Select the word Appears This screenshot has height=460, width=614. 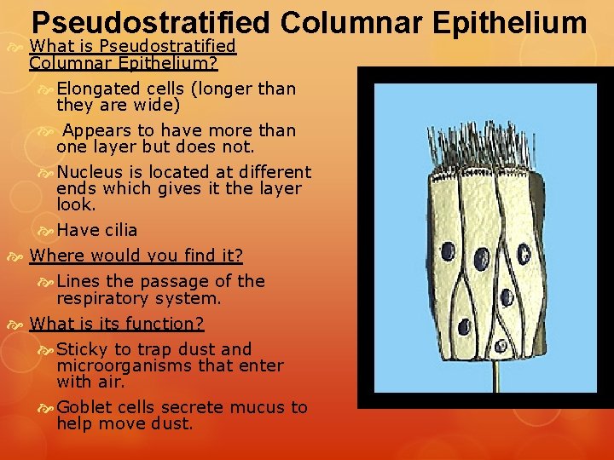pyautogui.click(x=94, y=130)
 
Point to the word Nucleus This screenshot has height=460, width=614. pyautogui.click(x=88, y=171)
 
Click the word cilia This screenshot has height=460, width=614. pyautogui.click(x=120, y=230)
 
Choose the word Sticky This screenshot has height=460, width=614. pyautogui.click(x=82, y=349)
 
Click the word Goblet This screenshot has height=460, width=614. pyautogui.click(x=84, y=407)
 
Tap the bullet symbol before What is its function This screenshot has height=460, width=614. pyautogui.click(x=19, y=325)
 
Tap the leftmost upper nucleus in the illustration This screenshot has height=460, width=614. pyautogui.click(x=447, y=250)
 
